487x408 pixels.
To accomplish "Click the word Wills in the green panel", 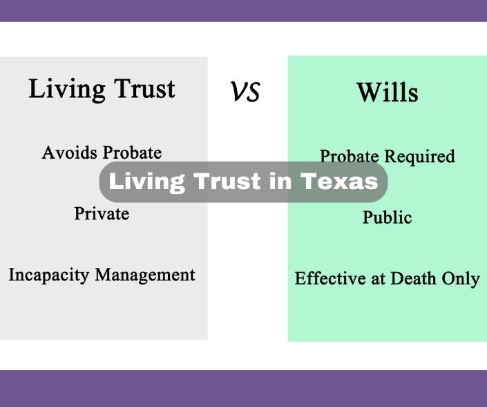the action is pyautogui.click(x=388, y=93).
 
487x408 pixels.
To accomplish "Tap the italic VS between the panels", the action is pyautogui.click(x=245, y=92).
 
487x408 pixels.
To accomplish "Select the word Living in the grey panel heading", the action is pyautogui.click(x=67, y=90).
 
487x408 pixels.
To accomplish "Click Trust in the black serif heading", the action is pyautogui.click(x=144, y=88).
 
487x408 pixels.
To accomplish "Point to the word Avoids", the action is pyautogui.click(x=70, y=153).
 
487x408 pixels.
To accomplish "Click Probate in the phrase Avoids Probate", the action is pyautogui.click(x=133, y=153).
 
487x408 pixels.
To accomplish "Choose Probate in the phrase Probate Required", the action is pyautogui.click(x=350, y=156).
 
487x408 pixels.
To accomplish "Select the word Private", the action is pyautogui.click(x=102, y=213).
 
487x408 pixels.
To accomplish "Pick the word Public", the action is pyautogui.click(x=388, y=217).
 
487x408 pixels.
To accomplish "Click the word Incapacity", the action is pyautogui.click(x=49, y=275).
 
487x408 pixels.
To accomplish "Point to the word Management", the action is pyautogui.click(x=145, y=275).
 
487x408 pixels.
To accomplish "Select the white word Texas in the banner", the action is pyautogui.click(x=339, y=181).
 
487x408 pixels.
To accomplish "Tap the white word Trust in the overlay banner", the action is pyautogui.click(x=227, y=181).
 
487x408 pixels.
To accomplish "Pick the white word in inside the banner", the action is pyautogui.click(x=280, y=181).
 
